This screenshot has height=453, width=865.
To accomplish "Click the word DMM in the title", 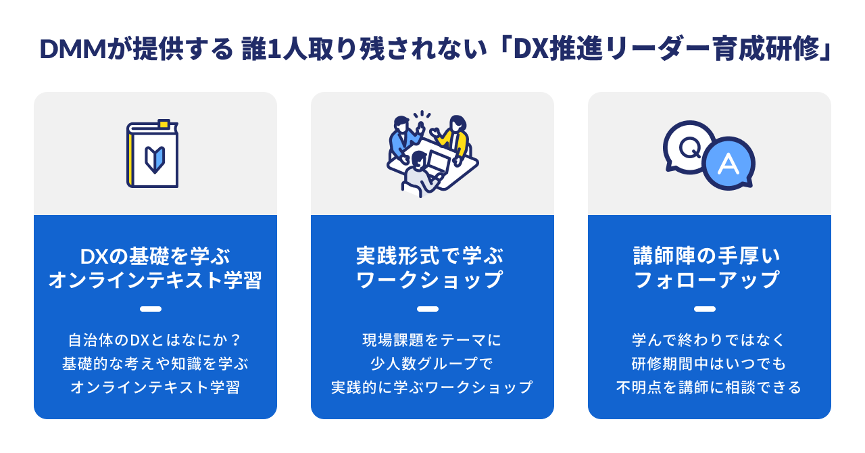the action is [x=73, y=49].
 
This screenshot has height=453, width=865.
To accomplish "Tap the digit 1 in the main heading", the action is [x=274, y=49].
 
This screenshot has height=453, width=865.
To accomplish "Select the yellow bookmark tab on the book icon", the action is [x=164, y=124].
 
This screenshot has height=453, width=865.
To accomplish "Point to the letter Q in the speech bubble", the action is [x=690, y=148].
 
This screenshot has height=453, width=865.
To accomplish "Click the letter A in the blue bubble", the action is [x=728, y=164].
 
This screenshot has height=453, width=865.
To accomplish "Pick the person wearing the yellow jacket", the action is [x=454, y=139].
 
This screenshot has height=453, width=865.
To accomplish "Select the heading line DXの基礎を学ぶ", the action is [x=155, y=256].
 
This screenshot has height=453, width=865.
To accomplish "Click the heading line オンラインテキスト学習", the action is [x=155, y=280].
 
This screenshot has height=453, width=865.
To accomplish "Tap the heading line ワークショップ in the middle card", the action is [x=429, y=280].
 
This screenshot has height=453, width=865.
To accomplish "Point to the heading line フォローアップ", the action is [x=707, y=280].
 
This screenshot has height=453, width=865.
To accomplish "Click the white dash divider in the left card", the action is [x=151, y=309].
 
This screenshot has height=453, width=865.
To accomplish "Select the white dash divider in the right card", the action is [x=705, y=309].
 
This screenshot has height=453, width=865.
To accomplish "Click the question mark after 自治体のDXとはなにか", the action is [x=236, y=340].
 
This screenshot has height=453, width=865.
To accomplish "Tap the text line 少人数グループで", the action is [x=432, y=364].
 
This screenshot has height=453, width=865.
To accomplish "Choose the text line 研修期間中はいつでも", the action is [x=709, y=364].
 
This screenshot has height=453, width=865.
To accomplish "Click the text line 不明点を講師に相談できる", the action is [x=709, y=387].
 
